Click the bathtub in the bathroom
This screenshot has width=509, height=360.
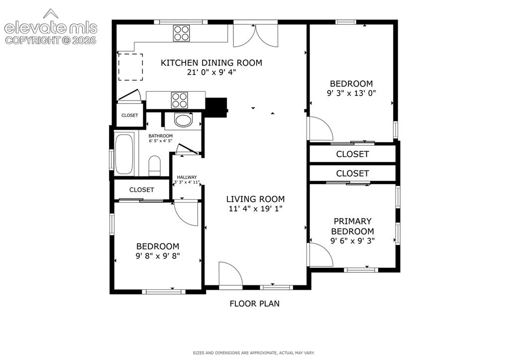click(x=124, y=154)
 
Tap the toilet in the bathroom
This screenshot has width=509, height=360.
click(x=155, y=166)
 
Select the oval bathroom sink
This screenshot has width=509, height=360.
click(x=184, y=120)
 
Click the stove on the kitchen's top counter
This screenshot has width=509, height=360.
click(x=182, y=33)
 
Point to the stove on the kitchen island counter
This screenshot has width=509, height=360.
click(x=180, y=100)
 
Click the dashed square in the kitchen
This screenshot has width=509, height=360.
click(x=130, y=67)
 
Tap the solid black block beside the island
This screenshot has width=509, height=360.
click(x=216, y=107)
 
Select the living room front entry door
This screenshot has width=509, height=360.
click(x=231, y=275)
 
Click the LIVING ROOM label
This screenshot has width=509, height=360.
click(x=255, y=199)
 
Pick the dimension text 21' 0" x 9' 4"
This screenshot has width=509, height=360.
click(x=211, y=72)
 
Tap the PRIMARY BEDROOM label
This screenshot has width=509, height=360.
click(x=353, y=226)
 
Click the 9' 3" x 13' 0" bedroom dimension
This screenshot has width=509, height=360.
click(x=351, y=93)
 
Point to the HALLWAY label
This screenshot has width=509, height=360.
click(x=187, y=177)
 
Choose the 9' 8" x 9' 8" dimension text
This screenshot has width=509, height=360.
click(x=158, y=256)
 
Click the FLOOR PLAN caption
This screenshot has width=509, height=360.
click(x=255, y=303)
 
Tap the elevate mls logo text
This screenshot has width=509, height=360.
click(x=51, y=28)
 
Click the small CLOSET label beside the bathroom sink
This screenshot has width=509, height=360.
click(x=129, y=116)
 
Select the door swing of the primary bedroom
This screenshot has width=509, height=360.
click(x=321, y=255)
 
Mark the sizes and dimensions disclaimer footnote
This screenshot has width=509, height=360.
click(x=254, y=353)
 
